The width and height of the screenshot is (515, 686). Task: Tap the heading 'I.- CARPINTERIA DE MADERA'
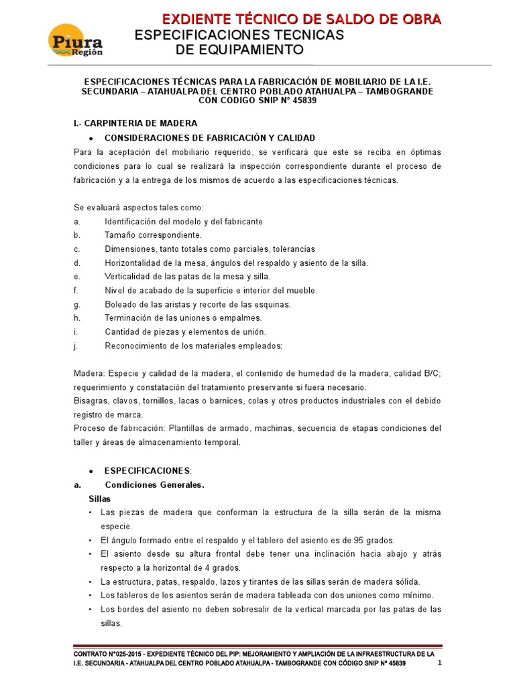pyautogui.click(x=135, y=123)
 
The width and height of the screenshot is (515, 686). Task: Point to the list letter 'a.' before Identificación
pyautogui.click(x=77, y=221)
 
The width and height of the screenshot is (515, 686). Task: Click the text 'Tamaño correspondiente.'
pyautogui.click(x=153, y=235)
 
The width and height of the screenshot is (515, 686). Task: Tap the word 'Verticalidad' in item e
pyautogui.click(x=128, y=277)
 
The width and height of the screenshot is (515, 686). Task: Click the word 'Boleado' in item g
pyautogui.click(x=120, y=304)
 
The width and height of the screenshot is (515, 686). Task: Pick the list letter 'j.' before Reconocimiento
pyautogui.click(x=76, y=346)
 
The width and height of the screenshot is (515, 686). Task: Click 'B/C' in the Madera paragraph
pyautogui.click(x=431, y=374)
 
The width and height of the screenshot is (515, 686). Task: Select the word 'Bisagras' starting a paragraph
pyautogui.click(x=89, y=401)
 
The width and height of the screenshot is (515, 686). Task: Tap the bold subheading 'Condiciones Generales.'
pyautogui.click(x=155, y=485)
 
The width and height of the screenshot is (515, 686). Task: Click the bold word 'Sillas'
pyautogui.click(x=100, y=499)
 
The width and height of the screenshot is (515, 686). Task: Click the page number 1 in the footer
pyautogui.click(x=440, y=663)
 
